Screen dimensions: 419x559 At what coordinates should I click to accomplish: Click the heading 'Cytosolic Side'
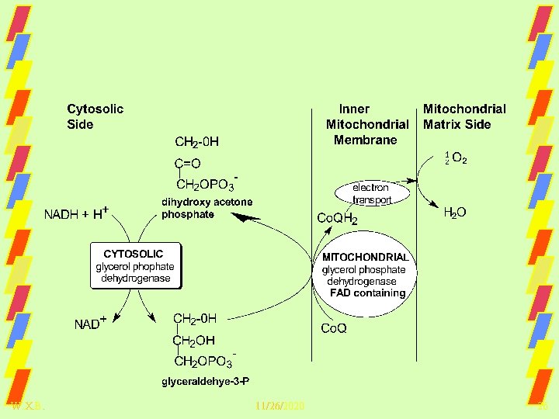[95, 116]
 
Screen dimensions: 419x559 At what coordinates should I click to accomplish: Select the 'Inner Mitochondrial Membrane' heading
[366, 124]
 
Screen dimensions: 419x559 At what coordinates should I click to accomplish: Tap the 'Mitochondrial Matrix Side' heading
[464, 116]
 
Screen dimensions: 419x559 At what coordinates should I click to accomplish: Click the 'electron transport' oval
[370, 194]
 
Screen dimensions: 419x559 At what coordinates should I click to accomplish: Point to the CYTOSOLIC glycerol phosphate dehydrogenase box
[135, 266]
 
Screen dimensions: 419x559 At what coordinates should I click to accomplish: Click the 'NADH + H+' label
[75, 213]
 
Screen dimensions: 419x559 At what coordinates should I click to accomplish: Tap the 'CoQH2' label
[338, 219]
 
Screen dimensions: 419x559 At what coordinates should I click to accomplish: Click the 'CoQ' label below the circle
[334, 328]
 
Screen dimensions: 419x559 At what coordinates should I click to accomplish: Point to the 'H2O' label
[454, 212]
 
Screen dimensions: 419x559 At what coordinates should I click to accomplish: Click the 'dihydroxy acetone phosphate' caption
[207, 208]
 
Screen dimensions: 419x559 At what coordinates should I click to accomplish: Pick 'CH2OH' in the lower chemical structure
[194, 340]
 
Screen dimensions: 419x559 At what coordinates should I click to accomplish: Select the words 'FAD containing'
[367, 293]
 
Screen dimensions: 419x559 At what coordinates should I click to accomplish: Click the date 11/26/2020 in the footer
[279, 407]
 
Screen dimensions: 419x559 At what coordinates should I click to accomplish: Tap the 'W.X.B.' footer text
[28, 407]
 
